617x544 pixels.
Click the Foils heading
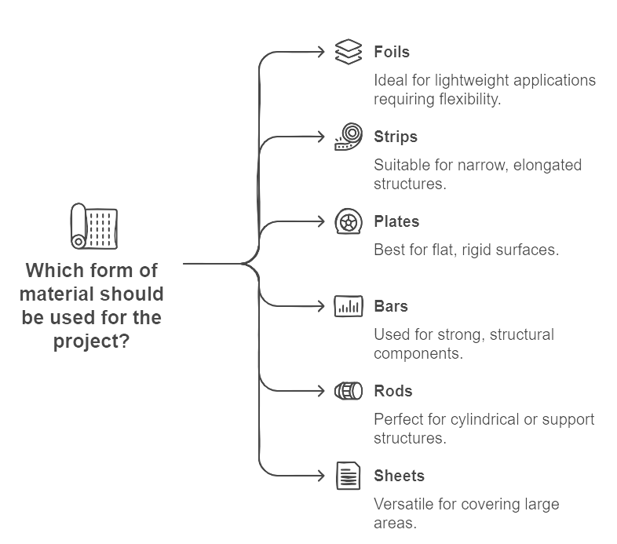point(392,52)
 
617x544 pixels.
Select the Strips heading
point(396,137)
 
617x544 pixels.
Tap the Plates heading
point(396,221)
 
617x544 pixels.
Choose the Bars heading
point(391,306)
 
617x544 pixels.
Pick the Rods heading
point(393,391)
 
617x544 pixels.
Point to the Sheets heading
point(399,476)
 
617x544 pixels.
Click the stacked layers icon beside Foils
point(349,52)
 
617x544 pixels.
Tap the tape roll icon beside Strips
point(349,137)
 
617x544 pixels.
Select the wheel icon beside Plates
point(349,221)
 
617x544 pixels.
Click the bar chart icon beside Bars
point(349,306)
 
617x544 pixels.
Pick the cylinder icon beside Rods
point(349,391)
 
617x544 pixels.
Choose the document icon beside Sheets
point(349,476)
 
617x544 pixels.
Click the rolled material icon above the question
point(94,226)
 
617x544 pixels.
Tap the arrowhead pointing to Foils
point(322,52)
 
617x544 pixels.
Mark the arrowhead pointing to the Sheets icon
point(322,476)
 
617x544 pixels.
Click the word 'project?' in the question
point(91,341)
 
